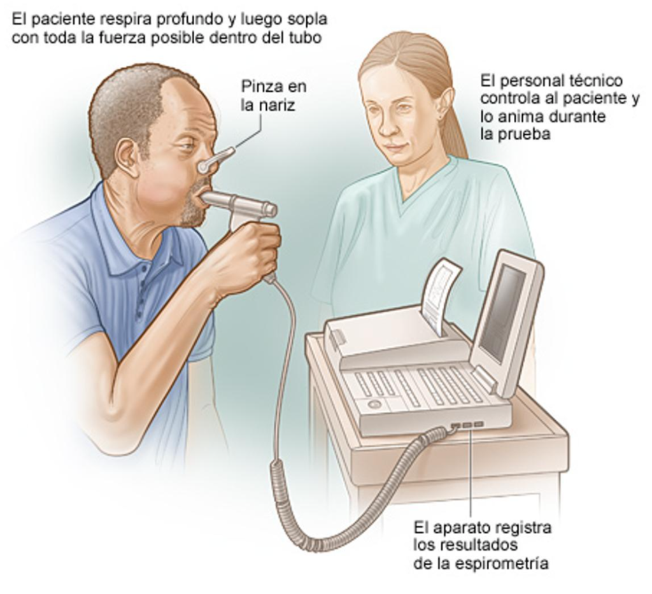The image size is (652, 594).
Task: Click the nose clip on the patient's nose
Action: coord(215,160)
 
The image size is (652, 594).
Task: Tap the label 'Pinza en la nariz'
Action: coord(273,95)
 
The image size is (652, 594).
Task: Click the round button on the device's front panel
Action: coord(373,403)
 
